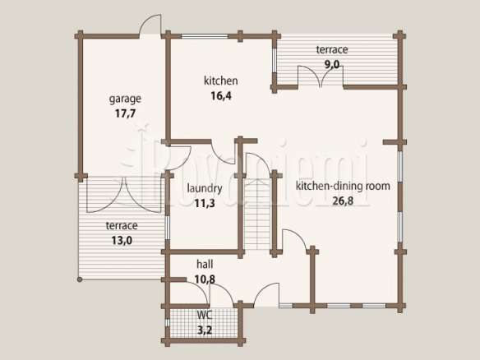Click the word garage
pos(125,99)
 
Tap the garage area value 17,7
pos(125,113)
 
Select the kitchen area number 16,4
pos(221,96)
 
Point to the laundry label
pos(205,188)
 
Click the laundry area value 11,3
pos(205,203)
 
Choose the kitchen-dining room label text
pos(343,186)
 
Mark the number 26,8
pos(343,201)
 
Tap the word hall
pos(205,264)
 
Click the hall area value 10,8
pos(205,279)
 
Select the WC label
pos(205,315)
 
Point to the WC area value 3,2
pos(205,330)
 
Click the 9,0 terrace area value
pos(332,65)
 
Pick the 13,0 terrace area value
pos(122,241)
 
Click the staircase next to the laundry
pos(258,215)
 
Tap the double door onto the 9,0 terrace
pos(321,76)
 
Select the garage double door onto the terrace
pos(123,195)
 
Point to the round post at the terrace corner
pos(80,279)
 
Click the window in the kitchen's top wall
pos(205,36)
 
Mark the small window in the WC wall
pos(167,323)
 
